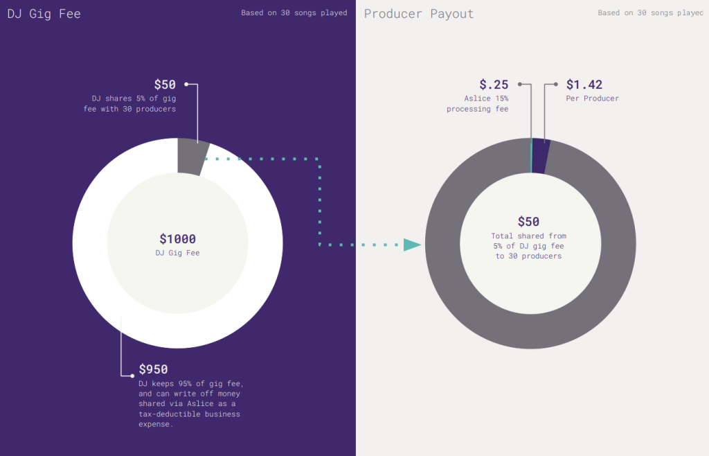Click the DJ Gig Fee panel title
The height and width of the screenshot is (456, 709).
click(44, 14)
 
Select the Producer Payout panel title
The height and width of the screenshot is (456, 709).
click(419, 14)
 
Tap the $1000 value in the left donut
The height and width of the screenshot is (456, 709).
click(178, 239)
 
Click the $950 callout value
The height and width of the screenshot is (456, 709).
click(153, 369)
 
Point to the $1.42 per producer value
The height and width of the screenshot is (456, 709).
click(584, 85)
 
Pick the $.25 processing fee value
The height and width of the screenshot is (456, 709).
click(494, 85)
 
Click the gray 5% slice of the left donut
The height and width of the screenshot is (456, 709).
click(192, 155)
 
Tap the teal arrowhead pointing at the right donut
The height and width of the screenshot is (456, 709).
click(413, 245)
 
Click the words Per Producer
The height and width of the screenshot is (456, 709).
click(593, 98)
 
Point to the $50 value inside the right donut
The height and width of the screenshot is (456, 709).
click(528, 222)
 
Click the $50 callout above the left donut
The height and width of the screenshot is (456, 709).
click(165, 85)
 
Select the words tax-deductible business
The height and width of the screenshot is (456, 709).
click(189, 414)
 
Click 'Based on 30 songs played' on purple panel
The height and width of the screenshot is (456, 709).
click(294, 12)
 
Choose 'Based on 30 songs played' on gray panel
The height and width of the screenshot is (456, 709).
click(650, 12)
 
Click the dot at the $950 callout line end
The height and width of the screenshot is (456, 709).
click(132, 376)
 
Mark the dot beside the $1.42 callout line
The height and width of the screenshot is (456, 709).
click(555, 85)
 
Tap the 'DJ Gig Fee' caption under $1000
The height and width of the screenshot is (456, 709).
click(178, 253)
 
